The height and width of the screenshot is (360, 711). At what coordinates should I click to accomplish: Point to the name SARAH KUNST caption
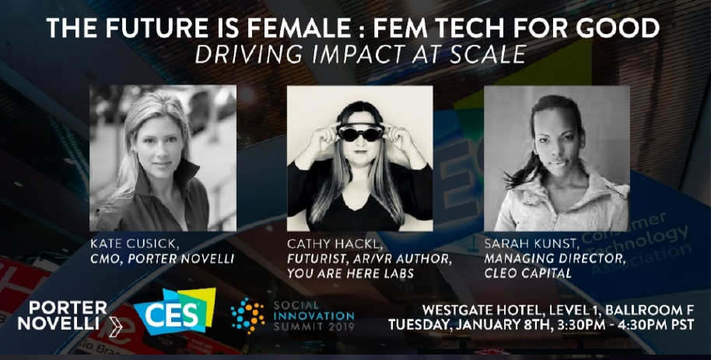(x=527, y=244)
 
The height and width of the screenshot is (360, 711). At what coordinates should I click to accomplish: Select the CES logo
(x=174, y=311)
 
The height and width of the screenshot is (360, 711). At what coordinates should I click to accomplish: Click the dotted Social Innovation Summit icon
(x=247, y=316)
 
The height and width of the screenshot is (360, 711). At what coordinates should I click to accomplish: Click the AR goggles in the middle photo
(x=360, y=132)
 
